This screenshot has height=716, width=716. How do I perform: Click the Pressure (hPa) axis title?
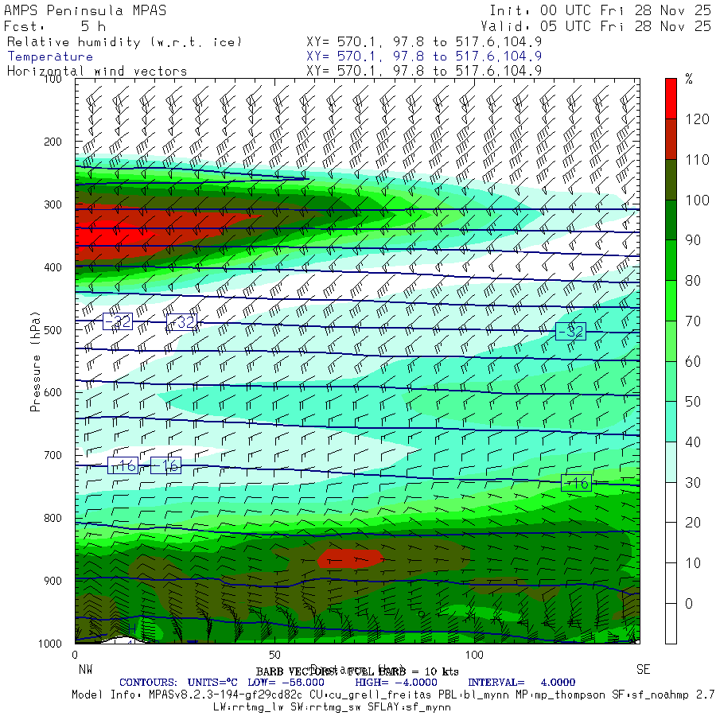point(35,361)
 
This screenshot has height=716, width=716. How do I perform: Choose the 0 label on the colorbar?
point(688,603)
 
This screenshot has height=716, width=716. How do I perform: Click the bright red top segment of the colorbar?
point(671,98)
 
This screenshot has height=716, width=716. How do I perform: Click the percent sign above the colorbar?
point(689,79)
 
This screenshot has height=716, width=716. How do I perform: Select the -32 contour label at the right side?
point(570,331)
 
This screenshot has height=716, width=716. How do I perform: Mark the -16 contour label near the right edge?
point(576,483)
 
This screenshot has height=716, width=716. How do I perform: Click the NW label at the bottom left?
point(85,669)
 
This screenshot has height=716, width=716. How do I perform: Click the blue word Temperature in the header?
point(50,56)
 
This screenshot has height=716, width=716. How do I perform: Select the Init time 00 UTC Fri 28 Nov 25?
point(601,10)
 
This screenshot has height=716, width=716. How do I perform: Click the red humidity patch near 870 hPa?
point(350,557)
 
